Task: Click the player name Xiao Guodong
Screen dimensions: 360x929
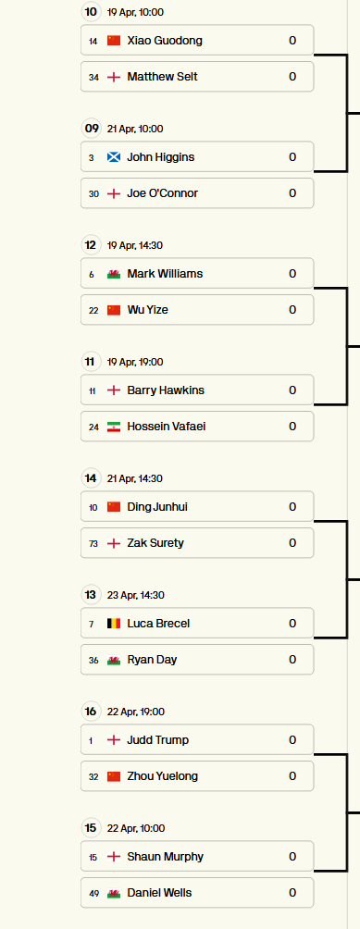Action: pos(165,41)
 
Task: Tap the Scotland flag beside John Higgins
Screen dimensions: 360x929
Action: pos(114,157)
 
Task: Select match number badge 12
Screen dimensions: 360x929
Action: pos(91,245)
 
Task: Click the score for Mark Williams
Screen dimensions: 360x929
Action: pos(292,274)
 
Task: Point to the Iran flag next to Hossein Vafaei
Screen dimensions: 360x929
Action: pos(114,427)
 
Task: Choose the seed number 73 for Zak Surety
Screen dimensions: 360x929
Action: pos(93,543)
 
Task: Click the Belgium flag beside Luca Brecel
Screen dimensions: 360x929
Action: pos(114,624)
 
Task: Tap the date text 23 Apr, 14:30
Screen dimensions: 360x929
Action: pos(136,596)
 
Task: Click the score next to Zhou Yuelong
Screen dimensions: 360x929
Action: pos(292,776)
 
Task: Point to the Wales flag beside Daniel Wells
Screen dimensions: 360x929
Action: pos(114,893)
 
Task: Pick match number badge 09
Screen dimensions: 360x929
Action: pos(91,129)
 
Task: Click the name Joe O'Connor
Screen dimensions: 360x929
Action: pos(163,193)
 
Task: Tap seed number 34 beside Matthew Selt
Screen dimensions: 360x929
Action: pos(93,77)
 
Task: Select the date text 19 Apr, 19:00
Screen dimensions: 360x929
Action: pos(136,362)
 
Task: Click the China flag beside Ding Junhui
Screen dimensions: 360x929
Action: pos(114,506)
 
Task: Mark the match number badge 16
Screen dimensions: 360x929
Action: pos(91,712)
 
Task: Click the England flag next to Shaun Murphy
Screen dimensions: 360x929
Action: pos(114,857)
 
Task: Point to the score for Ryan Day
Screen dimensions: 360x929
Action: pos(292,660)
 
